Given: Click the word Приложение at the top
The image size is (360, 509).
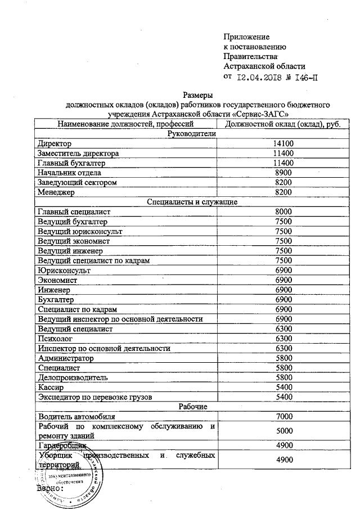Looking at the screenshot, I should coord(246,37).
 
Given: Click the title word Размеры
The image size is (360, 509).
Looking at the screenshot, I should coord(197,95).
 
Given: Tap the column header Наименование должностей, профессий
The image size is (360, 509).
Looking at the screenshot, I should coord(125,124).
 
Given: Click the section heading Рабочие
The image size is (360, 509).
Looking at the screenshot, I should coord(193,407).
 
